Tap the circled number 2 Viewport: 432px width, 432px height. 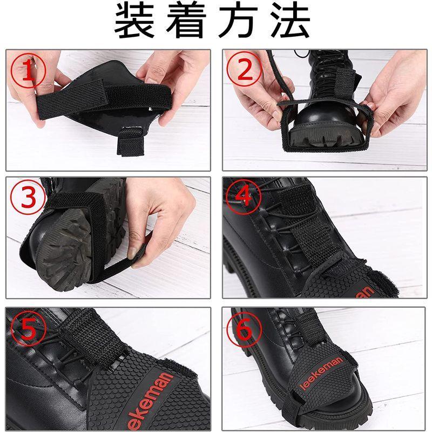pos(245,69)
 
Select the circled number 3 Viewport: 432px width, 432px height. pos(28,198)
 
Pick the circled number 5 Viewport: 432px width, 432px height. pos(28,329)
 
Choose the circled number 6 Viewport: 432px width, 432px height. pos(244,330)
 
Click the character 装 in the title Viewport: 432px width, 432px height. pos(134,21)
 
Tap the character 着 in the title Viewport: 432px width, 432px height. pos(186,21)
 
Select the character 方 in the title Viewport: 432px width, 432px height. pos(239,21)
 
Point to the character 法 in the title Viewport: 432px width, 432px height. pos(291,21)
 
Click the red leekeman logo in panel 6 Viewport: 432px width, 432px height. pos(321,373)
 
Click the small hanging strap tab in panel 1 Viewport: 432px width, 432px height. pos(131,142)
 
